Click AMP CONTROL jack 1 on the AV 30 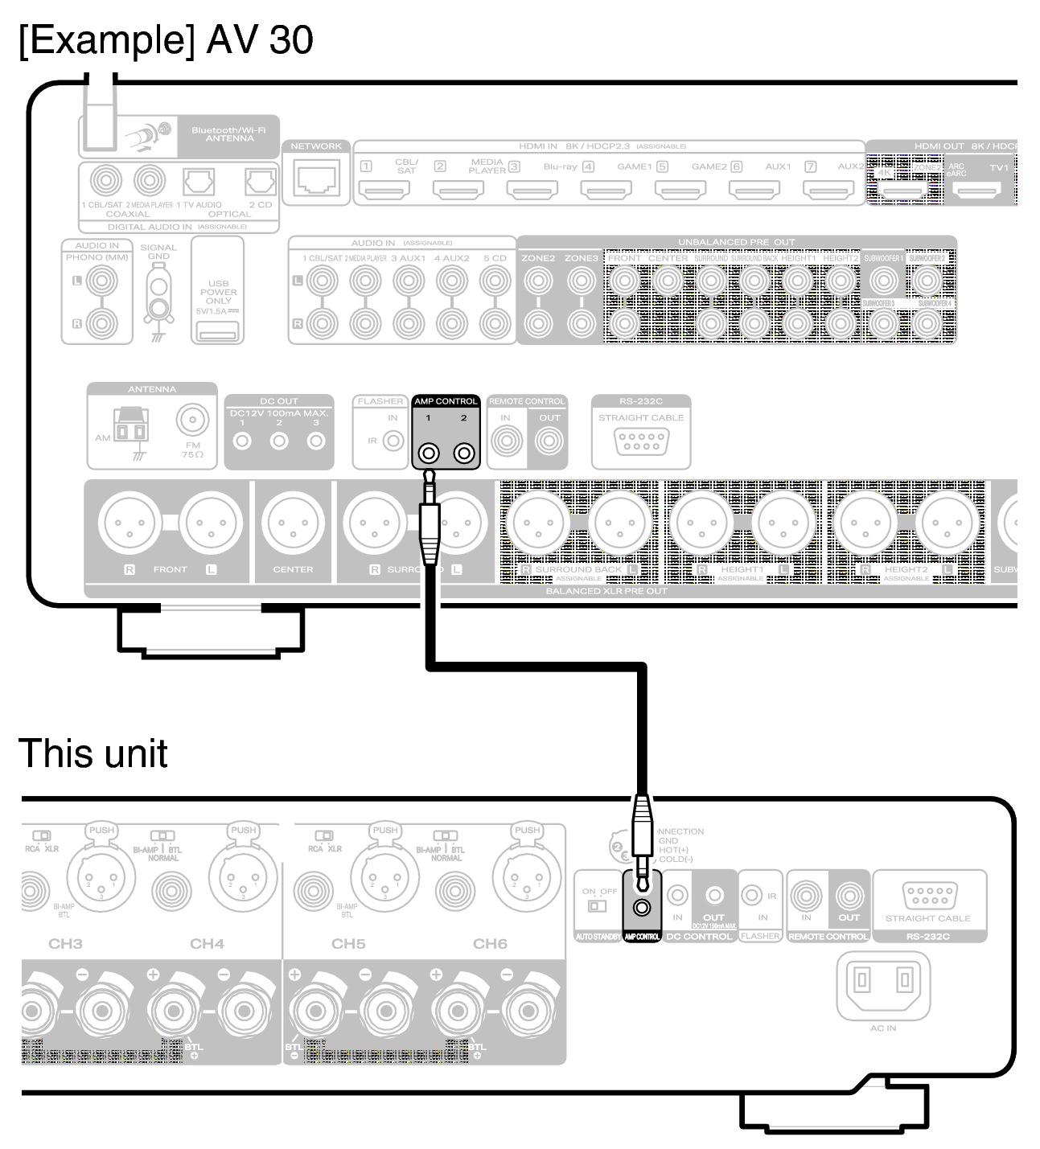(428, 454)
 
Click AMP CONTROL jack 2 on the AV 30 (464, 454)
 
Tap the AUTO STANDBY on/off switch (596, 906)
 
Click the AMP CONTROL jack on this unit (642, 908)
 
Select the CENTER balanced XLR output (293, 523)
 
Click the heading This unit (92, 753)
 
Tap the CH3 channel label (65, 943)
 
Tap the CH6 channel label (490, 943)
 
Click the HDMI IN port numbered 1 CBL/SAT (384, 190)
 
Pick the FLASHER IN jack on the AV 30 (393, 441)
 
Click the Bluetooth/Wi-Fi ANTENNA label (228, 134)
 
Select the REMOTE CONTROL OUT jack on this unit (849, 895)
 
